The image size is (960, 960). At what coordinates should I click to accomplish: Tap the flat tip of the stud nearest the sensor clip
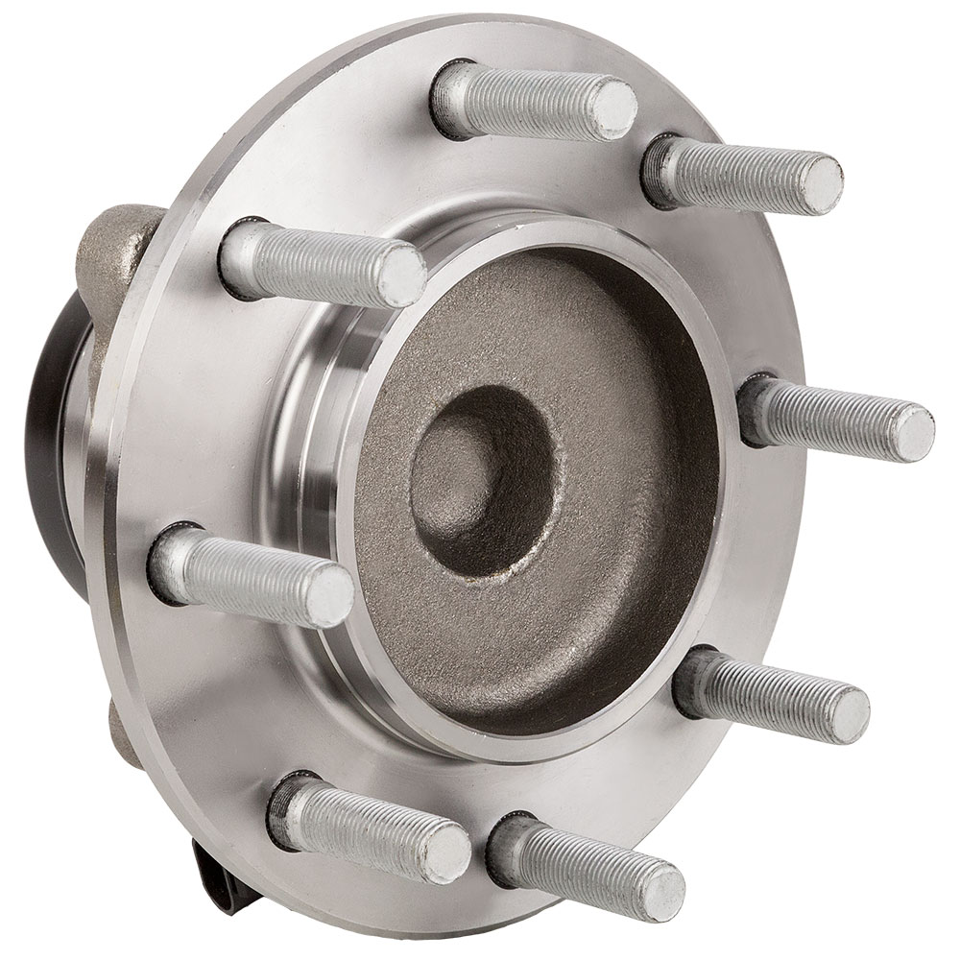point(446,850)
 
